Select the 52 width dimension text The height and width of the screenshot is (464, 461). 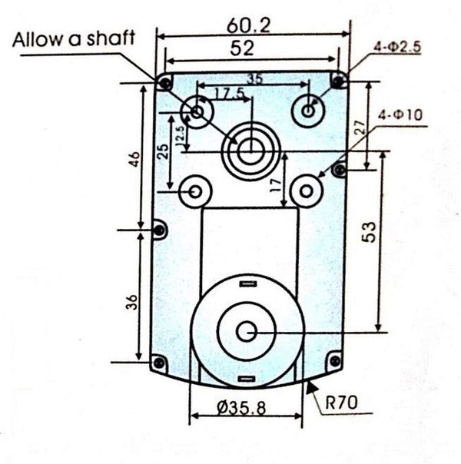point(243,48)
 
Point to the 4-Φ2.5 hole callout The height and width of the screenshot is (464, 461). point(397,47)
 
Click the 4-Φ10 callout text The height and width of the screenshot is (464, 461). point(401,116)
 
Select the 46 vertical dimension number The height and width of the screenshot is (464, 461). point(135,160)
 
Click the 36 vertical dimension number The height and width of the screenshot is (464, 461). point(133,302)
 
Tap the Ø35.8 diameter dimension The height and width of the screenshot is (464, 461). point(240,408)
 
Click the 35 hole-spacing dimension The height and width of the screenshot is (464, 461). point(254,77)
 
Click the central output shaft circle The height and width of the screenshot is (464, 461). point(248,149)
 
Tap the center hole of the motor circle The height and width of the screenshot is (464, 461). point(246,332)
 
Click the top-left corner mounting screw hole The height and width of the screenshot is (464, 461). point(164,81)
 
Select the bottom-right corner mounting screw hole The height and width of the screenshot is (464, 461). point(334,360)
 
